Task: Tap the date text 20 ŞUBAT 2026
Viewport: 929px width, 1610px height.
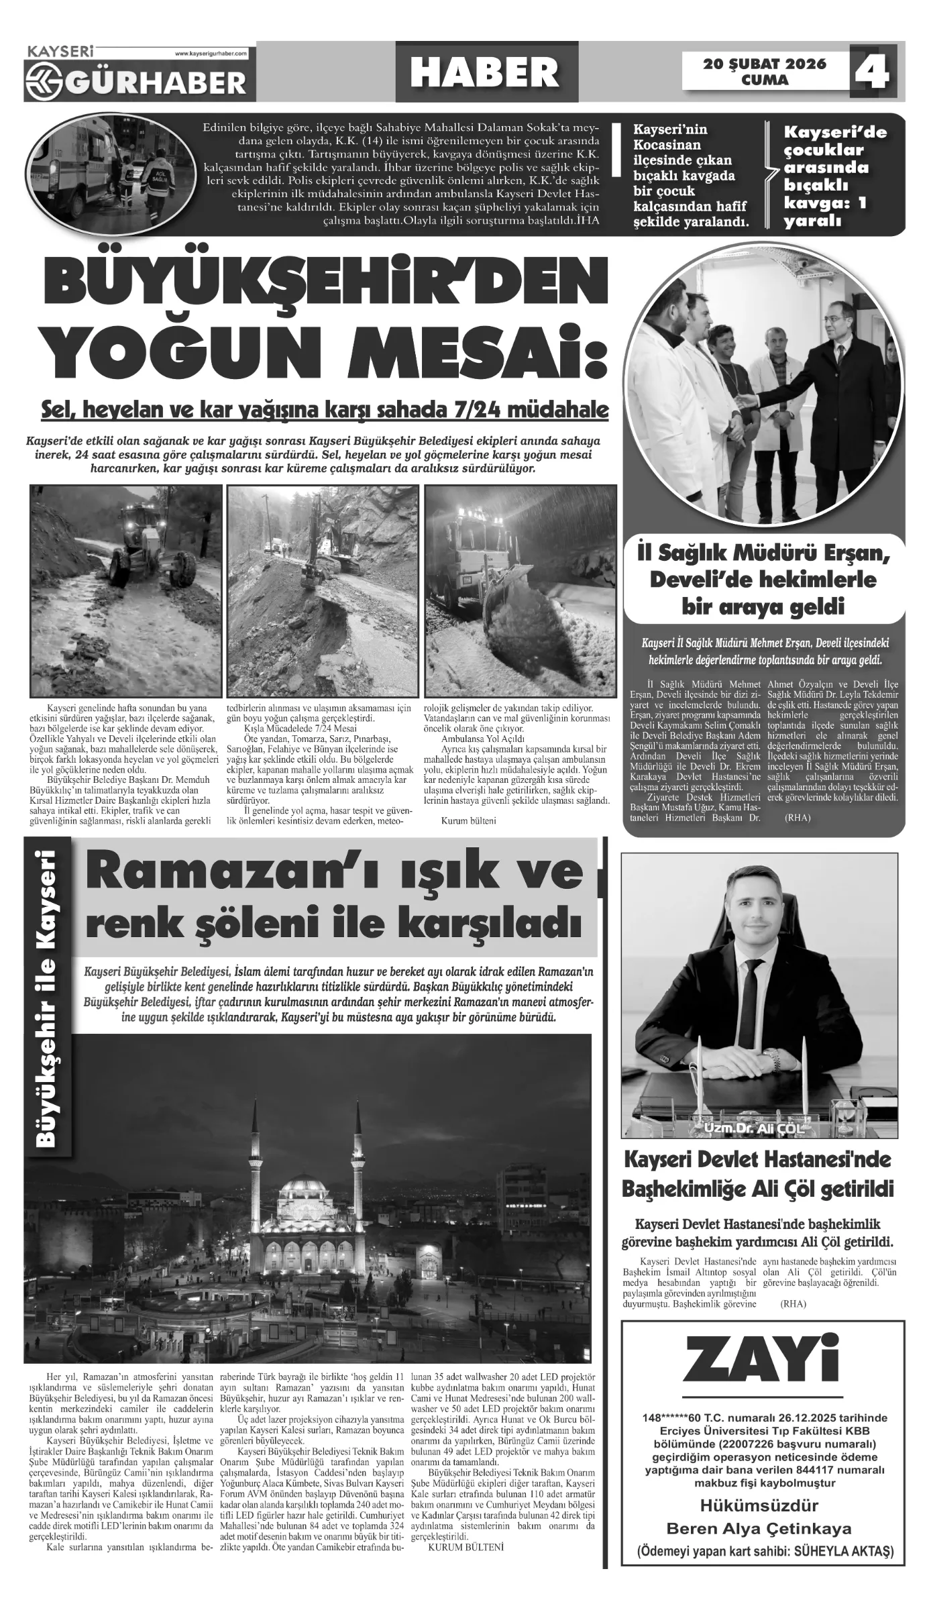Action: point(765,64)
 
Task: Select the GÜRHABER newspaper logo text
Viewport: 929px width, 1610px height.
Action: point(157,82)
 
